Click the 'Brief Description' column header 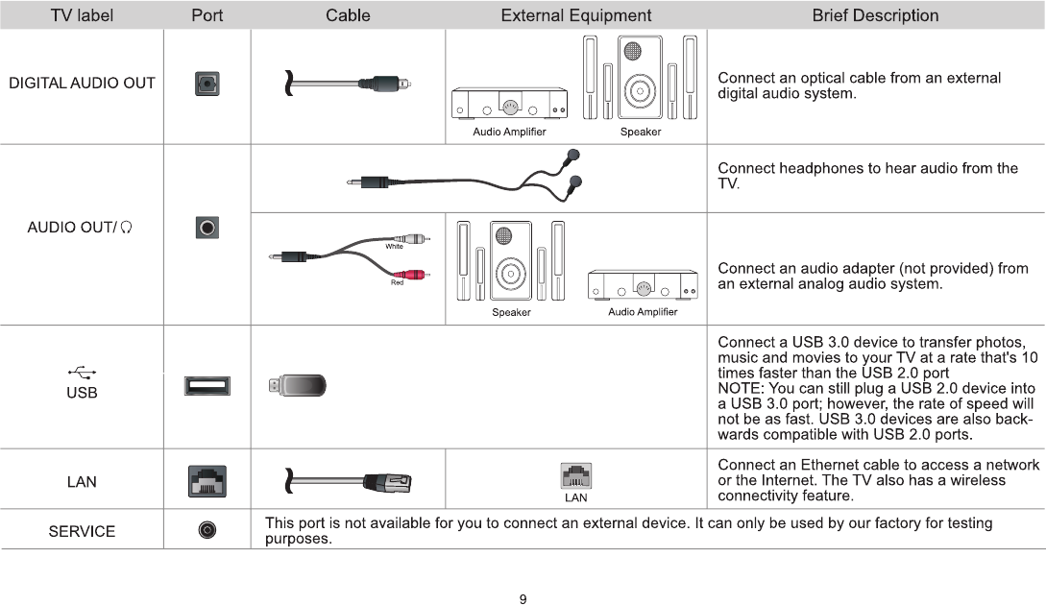[x=875, y=15]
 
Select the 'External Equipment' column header [x=575, y=15]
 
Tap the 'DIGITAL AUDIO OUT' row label [x=82, y=84]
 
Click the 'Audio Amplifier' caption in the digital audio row [x=509, y=133]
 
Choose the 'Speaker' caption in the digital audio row [x=640, y=133]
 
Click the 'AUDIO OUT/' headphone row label [x=79, y=228]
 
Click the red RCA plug [x=417, y=274]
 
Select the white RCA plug [x=416, y=239]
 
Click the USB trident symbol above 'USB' [x=82, y=373]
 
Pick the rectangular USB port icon [x=207, y=386]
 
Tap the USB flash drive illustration [x=299, y=386]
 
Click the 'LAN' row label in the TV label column [x=82, y=482]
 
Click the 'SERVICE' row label [x=82, y=531]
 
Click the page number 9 [x=523, y=599]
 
